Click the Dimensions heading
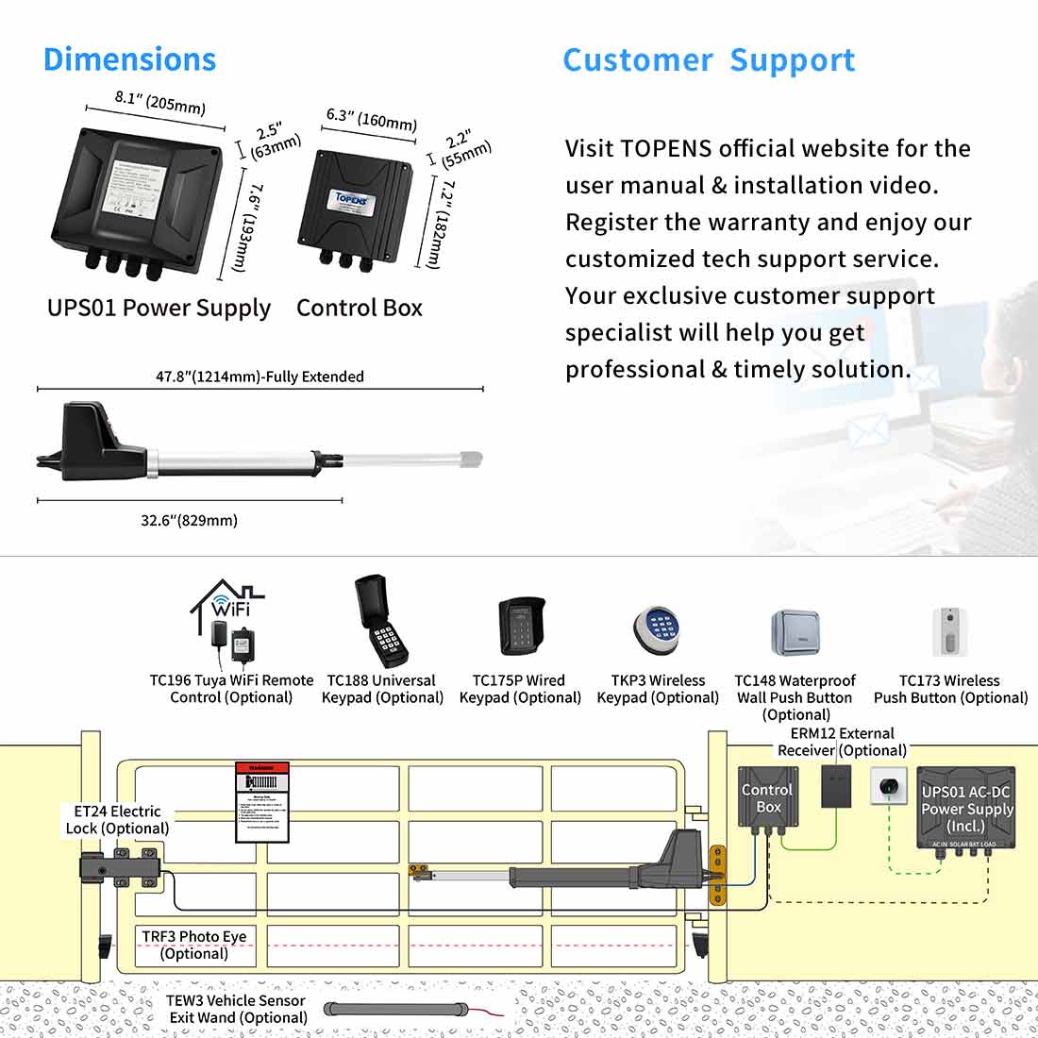(x=130, y=59)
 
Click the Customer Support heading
(x=709, y=60)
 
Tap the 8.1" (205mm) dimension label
(x=159, y=102)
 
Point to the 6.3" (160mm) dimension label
(x=372, y=119)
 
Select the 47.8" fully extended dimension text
(x=259, y=377)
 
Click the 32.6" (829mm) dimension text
(x=189, y=520)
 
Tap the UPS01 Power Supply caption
(x=159, y=309)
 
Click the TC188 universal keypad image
(x=381, y=622)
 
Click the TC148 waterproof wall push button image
(x=795, y=633)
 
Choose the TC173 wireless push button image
(x=950, y=631)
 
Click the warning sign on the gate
(x=261, y=802)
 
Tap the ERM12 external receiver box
(x=836, y=785)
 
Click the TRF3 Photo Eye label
(x=193, y=945)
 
